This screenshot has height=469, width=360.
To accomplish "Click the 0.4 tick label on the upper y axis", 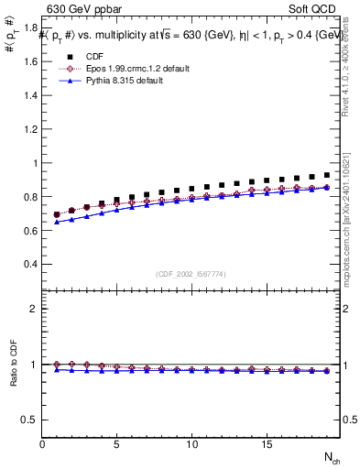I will click(x=28, y=264).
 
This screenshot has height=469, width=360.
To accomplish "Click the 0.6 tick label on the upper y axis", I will click(x=28, y=230).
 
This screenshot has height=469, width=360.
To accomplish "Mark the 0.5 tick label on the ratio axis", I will click(x=28, y=420).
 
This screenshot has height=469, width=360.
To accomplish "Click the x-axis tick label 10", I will click(x=191, y=444).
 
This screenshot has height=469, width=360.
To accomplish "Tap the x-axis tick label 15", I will click(x=267, y=444).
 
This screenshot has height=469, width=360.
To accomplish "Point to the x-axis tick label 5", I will click(x=117, y=444).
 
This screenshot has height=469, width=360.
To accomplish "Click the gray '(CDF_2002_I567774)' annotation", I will click(x=191, y=273).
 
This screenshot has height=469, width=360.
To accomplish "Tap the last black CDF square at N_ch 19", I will click(x=326, y=174).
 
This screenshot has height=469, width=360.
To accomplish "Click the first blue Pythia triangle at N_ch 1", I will click(x=57, y=222).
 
